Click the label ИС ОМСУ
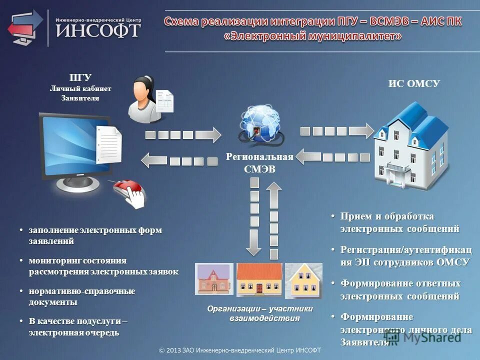pos(414,84)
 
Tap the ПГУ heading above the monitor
pos(80,77)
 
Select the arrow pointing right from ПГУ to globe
pos(183,134)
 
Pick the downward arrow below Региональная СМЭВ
pos(254,220)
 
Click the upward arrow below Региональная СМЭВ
pos(274,220)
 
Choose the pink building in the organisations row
pos(214,279)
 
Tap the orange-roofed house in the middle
pos(259,279)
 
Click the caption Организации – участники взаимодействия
pos(260,313)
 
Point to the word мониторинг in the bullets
pos(50,260)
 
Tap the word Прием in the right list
pos(356,216)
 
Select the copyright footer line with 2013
pos(240,350)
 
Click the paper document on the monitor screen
pos(109,145)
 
